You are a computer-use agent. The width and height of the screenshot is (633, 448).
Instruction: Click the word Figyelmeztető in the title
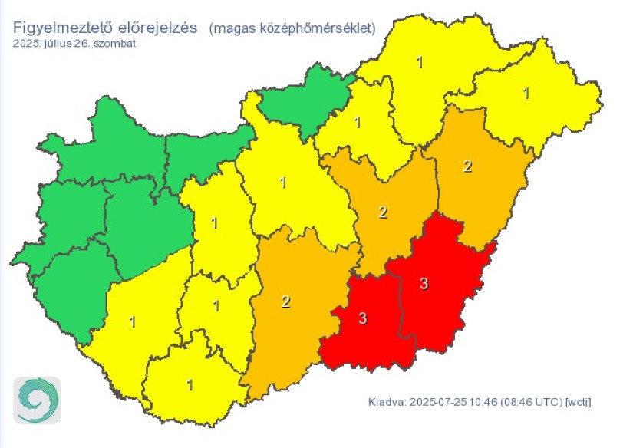pos(58,28)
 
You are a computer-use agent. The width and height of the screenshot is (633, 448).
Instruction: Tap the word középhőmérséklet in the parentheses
pos(311,28)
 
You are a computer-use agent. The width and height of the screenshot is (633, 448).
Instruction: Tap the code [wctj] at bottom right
pos(579,402)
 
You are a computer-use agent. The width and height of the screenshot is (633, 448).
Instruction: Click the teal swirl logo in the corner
pos(36,400)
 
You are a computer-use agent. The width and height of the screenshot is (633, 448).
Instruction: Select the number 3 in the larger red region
pos(424,284)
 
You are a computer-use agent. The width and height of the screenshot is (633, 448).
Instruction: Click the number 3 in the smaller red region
pos(363,318)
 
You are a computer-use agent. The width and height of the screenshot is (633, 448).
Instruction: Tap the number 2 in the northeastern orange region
pos(468,166)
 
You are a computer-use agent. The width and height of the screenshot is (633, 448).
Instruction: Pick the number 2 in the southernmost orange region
pos(286,302)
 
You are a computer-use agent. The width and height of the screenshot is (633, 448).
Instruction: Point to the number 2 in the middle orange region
pos(383,212)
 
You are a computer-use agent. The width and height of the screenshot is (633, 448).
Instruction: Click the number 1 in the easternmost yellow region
pos(526,93)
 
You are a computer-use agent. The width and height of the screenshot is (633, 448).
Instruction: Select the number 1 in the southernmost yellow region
pos(190,384)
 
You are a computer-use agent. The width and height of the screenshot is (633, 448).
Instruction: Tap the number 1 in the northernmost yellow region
pos(420,62)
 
